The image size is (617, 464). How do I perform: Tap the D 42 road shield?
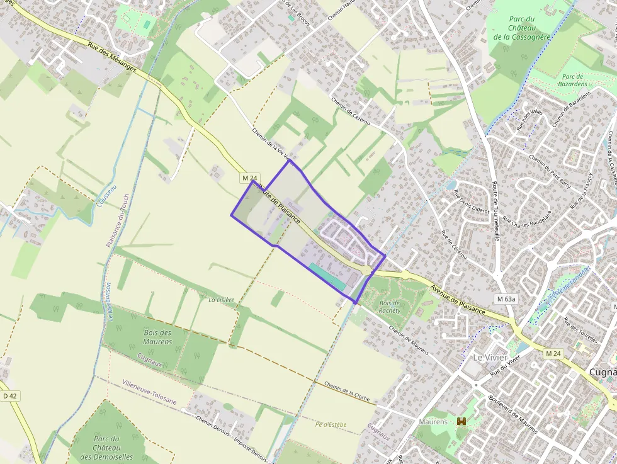(x=9, y=396)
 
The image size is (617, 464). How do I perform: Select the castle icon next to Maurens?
(x=461, y=421)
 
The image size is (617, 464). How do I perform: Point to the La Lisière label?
(x=221, y=300)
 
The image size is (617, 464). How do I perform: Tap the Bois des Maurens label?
(x=157, y=337)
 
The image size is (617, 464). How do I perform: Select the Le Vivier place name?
(x=486, y=357)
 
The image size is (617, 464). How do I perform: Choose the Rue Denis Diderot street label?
(x=472, y=201)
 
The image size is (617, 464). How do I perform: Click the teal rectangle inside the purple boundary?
(x=327, y=276)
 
